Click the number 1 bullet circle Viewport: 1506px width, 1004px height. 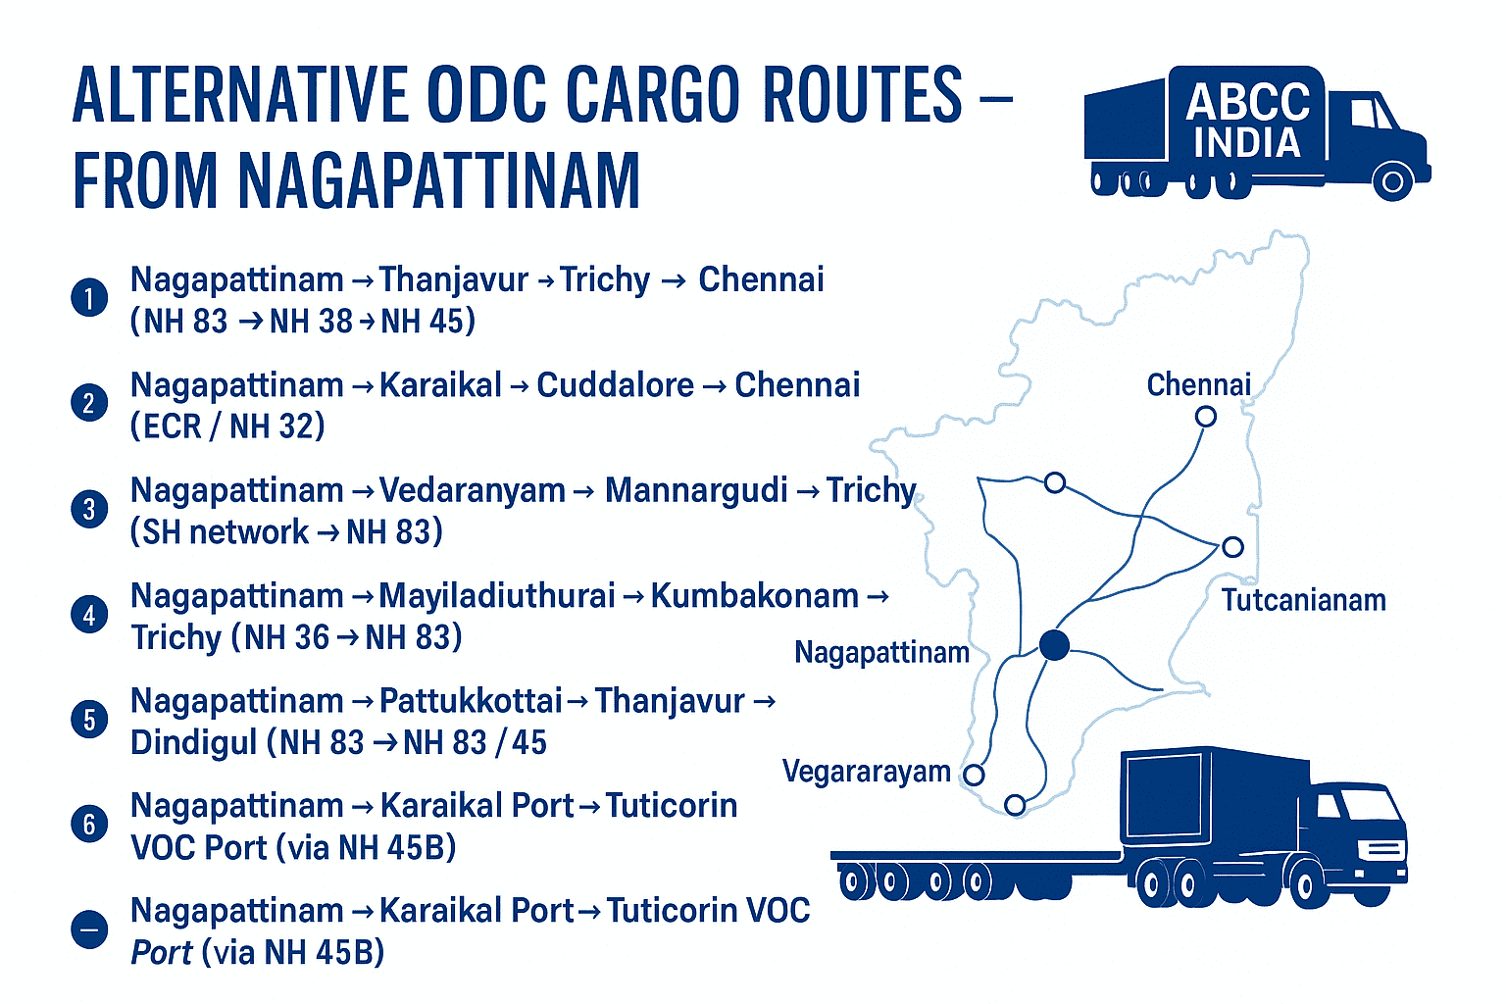pos(89,298)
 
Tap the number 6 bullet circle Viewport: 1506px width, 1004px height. pos(89,824)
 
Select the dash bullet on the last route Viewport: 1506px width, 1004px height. pos(89,929)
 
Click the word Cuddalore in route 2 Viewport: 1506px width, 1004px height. pos(615,385)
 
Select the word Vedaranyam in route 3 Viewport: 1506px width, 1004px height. pos(472,490)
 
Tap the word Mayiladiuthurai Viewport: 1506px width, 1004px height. pos(496,596)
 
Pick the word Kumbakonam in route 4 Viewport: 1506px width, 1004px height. pos(754,596)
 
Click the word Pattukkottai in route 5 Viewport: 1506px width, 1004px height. pos(471,701)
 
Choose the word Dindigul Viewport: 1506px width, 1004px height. pos(193,742)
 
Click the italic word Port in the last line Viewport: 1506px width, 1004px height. pos(162,953)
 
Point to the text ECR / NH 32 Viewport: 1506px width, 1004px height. pos(227,427)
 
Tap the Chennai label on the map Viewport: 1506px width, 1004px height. pos(1198,385)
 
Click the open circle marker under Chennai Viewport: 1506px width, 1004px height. pos(1206,417)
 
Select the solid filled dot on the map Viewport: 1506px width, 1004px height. pos(1054,645)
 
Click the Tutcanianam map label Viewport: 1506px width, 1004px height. pos(1303,600)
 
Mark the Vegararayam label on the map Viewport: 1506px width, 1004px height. pos(866,772)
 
